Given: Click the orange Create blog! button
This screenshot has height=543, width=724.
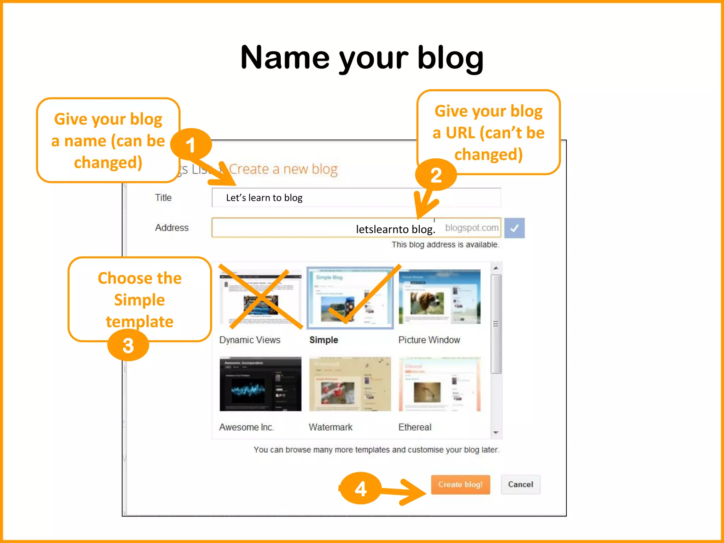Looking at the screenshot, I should point(460,484).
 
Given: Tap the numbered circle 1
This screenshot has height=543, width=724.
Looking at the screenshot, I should point(191,145).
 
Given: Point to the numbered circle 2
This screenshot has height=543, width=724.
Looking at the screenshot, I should point(436,175).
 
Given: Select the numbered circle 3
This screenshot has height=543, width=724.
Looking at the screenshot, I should point(128,345).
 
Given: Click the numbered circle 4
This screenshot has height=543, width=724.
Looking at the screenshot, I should point(360,489).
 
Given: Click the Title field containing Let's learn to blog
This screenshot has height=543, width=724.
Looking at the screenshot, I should point(356,198).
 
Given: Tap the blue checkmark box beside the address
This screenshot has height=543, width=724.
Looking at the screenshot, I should point(514,228).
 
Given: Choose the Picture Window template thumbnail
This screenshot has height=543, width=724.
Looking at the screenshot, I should point(439,297).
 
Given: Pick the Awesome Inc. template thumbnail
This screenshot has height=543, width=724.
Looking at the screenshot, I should point(261,384).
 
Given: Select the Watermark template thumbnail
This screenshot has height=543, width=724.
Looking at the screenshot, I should point(350,384).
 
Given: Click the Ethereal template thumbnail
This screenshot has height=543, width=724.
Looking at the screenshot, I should point(439,384).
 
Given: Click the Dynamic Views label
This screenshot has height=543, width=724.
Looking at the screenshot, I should point(250,340).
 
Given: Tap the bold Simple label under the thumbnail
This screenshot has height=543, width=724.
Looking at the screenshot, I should point(323,340).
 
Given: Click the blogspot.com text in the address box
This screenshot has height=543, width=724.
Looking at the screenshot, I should point(472,228).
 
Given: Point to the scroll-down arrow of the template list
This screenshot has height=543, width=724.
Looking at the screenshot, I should point(496,433).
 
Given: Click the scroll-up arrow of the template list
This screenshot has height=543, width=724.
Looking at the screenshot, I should point(496,268).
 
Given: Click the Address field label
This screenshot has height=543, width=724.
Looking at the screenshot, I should point(172,228).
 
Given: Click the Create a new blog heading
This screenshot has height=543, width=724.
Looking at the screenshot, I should point(283,169).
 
